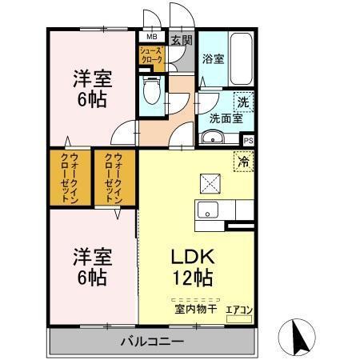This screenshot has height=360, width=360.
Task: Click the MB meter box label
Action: [x=150, y=37]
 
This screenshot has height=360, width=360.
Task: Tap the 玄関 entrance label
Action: [x=181, y=40]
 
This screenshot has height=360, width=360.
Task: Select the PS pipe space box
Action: [x=248, y=140]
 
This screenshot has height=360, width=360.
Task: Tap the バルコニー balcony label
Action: [x=153, y=341]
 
